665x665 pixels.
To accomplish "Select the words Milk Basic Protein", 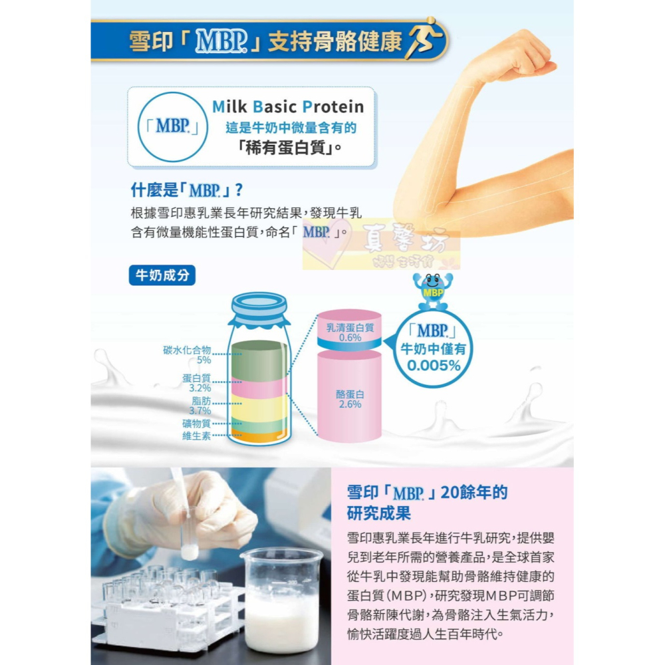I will (288, 107).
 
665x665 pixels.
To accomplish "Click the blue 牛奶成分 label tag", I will (162, 275).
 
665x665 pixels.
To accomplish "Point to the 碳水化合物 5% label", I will (188, 354).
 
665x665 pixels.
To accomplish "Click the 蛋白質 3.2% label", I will (196, 382).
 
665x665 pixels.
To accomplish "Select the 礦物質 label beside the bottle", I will (196, 424).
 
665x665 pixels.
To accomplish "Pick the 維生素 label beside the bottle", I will (196, 436).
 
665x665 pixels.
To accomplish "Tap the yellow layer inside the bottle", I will (258, 407).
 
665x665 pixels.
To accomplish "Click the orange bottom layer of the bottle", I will (258, 436).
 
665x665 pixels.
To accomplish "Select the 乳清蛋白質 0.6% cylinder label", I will (350, 332).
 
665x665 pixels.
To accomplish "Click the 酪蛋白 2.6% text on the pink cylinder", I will (350, 399).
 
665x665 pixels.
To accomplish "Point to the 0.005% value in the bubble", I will (434, 365).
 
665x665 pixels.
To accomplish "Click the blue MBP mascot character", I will (433, 289).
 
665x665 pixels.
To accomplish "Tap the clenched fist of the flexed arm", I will (525, 57).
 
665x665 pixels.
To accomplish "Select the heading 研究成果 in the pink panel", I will (378, 514).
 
